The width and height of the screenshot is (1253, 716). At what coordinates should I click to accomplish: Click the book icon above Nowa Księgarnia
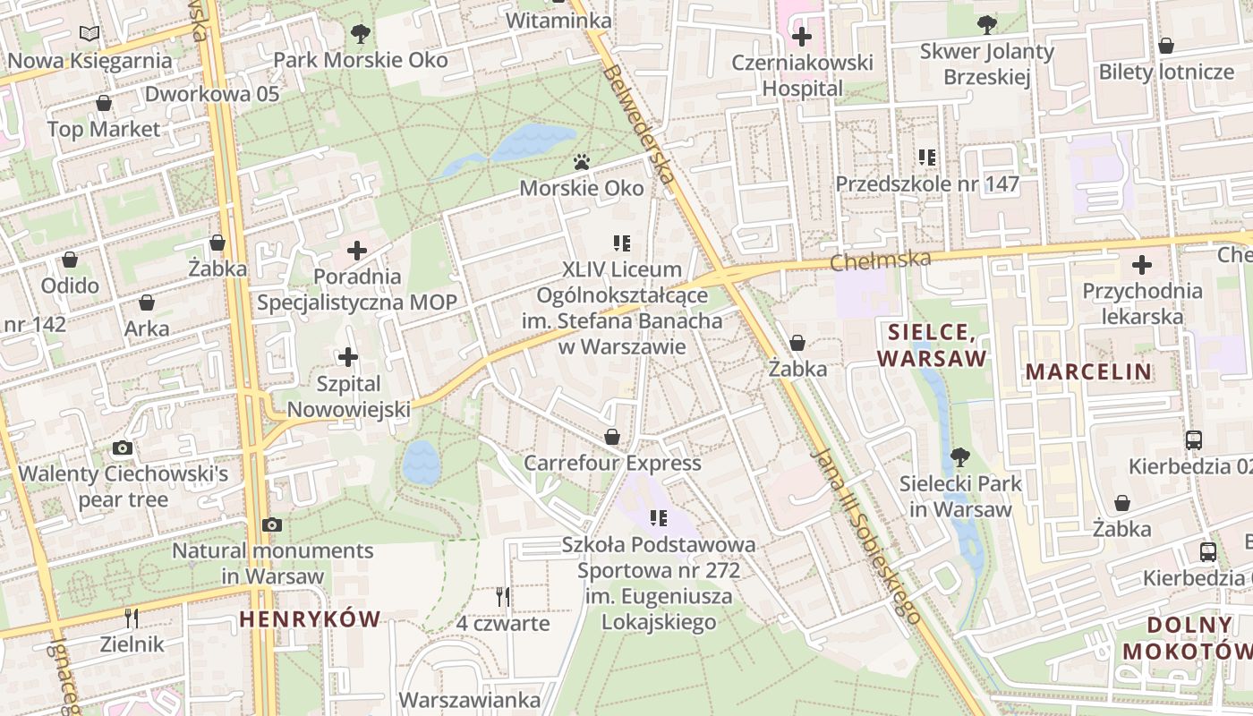[89, 34]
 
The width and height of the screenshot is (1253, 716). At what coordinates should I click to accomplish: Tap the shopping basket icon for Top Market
[104, 103]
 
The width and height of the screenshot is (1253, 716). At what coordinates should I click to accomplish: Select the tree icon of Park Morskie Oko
[361, 34]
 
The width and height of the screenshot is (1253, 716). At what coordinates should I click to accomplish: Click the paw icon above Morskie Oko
[582, 162]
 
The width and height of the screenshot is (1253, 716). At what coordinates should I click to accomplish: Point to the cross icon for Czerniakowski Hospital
[802, 37]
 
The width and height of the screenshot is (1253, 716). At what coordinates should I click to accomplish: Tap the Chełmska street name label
[881, 260]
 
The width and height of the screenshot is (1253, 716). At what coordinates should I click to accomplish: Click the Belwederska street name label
[639, 124]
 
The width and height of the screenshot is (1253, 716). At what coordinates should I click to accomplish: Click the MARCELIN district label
[1088, 371]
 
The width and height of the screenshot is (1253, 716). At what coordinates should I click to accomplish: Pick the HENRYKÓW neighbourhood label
[310, 618]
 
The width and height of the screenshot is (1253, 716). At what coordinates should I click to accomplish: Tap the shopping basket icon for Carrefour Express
[613, 437]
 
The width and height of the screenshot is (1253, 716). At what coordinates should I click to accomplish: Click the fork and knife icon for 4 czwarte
[502, 596]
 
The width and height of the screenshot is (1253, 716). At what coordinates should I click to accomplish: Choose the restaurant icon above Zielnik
[132, 618]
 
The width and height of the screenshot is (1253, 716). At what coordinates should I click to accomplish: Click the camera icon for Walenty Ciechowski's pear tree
[123, 447]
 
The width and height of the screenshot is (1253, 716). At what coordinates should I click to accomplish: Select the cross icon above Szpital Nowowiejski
[348, 358]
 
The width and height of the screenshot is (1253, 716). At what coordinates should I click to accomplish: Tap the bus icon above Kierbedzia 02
[1193, 439]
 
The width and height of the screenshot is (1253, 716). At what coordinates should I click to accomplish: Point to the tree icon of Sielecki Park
[960, 457]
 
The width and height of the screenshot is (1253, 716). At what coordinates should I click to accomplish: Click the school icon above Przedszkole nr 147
[927, 158]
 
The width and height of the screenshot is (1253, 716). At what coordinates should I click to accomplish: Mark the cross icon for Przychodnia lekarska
[1142, 265]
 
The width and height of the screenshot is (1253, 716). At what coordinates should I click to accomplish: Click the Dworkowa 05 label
[212, 94]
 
